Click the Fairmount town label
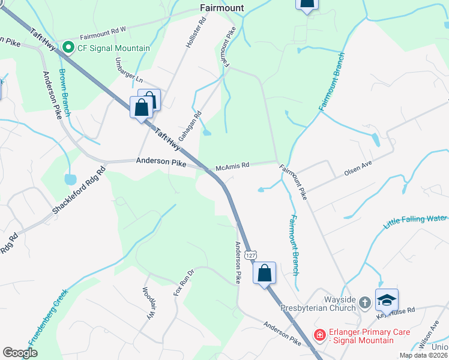pos(221,7)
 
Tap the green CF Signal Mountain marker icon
pos(68,47)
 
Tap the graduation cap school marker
pos(387,299)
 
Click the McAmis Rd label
pos(233,166)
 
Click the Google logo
pos(20,353)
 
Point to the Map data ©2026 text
pos(424,355)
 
